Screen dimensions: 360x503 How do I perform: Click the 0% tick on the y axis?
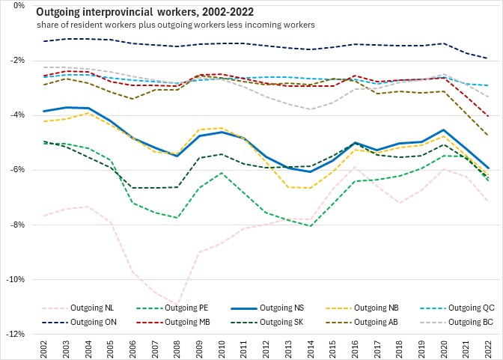tap(19, 5)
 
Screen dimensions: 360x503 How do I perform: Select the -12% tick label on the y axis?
tap(16, 335)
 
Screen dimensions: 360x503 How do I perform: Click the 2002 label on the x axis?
tap(45, 349)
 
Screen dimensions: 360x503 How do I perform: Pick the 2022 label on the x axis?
tap(489, 349)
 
